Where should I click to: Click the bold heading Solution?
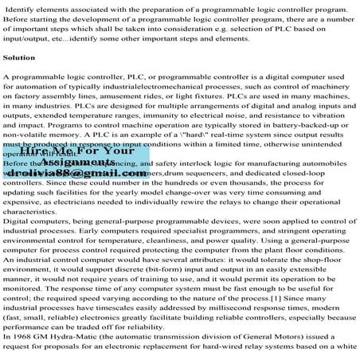(x=19, y=57)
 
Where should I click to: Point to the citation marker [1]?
(x=251, y=296)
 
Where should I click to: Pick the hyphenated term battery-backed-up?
(x=296, y=124)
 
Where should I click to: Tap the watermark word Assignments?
(x=55, y=162)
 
